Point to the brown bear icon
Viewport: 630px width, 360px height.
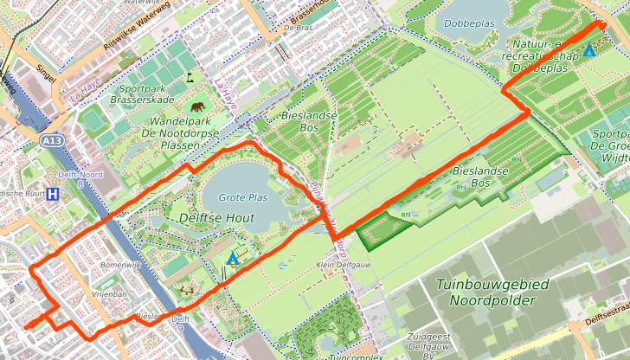199,107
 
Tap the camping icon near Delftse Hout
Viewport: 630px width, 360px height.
231,258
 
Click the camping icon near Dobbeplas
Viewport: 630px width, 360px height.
589,50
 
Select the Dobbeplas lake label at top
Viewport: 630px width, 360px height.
469,23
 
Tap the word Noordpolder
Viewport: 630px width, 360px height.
491,300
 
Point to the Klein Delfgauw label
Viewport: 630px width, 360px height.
337,265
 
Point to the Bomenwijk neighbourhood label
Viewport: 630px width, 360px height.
119,264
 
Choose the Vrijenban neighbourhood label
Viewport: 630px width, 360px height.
109,294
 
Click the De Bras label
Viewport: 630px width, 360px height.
297,28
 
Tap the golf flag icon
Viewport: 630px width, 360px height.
190,76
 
